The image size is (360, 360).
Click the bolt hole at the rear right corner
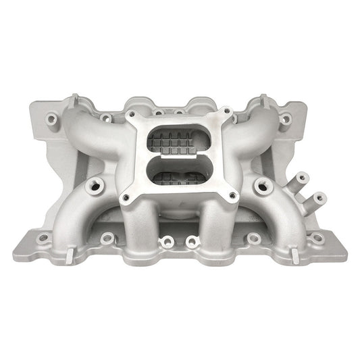[x=285, y=119]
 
